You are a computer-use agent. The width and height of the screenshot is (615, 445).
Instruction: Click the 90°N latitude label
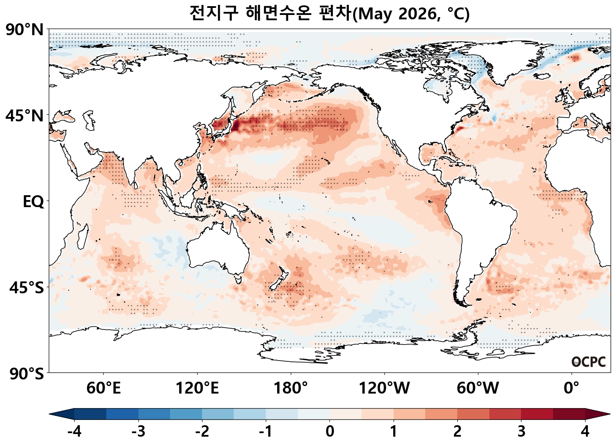coord(25,30)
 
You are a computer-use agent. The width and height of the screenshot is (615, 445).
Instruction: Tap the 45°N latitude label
coord(25,116)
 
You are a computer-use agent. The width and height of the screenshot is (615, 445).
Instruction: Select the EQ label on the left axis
coord(33,202)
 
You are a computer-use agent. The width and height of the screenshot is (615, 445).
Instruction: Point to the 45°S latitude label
coord(26,288)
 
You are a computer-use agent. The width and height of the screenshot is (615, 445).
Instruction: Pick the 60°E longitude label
coord(104,388)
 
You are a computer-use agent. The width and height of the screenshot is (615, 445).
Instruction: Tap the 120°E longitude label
coord(197,388)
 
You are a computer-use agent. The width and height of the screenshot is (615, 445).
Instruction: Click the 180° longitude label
coord(291,388)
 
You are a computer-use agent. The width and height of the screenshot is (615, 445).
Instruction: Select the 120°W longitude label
coord(384,388)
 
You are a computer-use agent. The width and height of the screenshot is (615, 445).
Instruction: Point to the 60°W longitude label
coord(478,388)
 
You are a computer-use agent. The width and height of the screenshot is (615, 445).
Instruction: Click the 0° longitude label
coord(572,388)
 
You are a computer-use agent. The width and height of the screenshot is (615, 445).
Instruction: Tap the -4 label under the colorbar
coord(74,431)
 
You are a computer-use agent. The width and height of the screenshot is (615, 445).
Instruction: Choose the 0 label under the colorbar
coord(330,431)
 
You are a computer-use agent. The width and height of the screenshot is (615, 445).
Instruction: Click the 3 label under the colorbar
coord(521,431)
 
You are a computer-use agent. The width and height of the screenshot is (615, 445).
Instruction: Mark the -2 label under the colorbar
coord(202,431)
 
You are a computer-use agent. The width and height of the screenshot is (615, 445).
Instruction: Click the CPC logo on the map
coord(589,362)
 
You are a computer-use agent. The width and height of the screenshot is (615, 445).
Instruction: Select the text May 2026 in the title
coord(400,14)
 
